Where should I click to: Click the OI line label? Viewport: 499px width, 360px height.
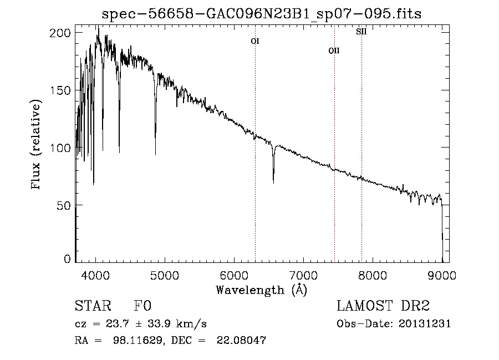tap(255, 41)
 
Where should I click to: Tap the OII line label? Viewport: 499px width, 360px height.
tap(334, 50)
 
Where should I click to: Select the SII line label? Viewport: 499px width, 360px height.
tap(361, 32)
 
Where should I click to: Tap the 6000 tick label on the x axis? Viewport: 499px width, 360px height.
tap(234, 275)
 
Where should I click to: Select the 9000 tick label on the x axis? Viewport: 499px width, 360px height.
tap(442, 275)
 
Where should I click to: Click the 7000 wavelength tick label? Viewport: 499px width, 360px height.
tap(303, 275)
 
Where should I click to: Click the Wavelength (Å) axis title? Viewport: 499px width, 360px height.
tap(262, 289)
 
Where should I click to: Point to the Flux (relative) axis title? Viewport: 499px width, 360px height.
tap(37, 145)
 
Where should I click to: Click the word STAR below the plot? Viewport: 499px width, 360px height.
tap(91, 306)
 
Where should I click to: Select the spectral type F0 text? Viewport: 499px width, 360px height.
tap(142, 306)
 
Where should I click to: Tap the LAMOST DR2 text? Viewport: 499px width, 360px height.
tap(383, 306)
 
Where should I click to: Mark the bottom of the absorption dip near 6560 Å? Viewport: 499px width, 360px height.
tap(273, 182)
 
